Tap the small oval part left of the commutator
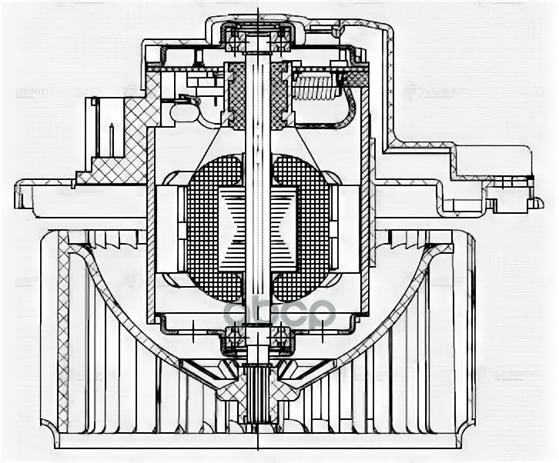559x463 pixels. click(184, 112)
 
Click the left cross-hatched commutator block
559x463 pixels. click(236, 95)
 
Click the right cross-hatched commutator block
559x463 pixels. click(279, 95)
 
